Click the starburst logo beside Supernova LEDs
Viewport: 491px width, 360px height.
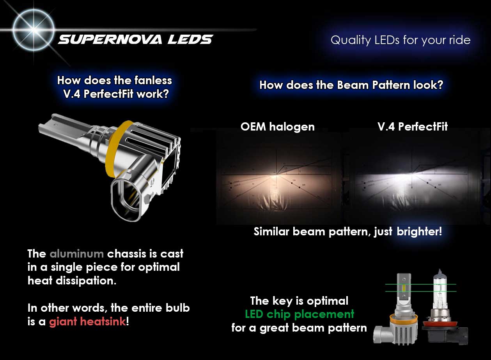pyautogui.click(x=33, y=30)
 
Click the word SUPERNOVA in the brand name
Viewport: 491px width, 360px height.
pyautogui.click(x=110, y=40)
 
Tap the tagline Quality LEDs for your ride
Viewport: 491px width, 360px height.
pyautogui.click(x=401, y=40)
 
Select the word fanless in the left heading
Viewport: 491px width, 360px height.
pyautogui.click(x=153, y=80)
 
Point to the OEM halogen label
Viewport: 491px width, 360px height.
pyautogui.click(x=278, y=127)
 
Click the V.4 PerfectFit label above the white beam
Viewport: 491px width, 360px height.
pyautogui.click(x=413, y=127)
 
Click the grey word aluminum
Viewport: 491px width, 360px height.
pyautogui.click(x=77, y=254)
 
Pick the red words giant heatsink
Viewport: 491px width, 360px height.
pyautogui.click(x=87, y=322)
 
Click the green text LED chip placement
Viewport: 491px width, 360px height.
pyautogui.click(x=300, y=314)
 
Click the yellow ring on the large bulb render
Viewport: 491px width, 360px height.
pyautogui.click(x=114, y=149)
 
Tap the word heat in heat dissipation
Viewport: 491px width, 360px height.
pyautogui.click(x=40, y=281)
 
